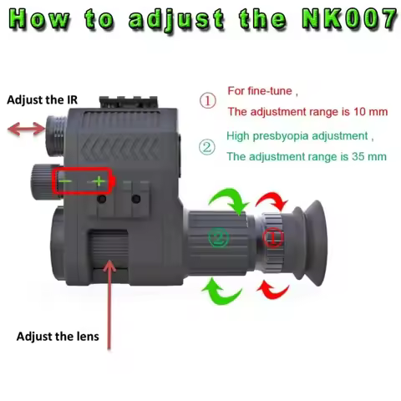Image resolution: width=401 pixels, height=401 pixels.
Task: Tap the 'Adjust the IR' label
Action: click(x=41, y=99)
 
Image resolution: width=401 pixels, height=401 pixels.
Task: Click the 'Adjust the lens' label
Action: click(x=58, y=337)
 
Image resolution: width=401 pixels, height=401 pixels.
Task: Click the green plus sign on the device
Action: click(x=99, y=181)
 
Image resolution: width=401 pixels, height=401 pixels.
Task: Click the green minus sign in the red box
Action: click(x=66, y=181)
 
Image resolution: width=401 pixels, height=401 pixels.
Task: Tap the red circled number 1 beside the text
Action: click(x=206, y=100)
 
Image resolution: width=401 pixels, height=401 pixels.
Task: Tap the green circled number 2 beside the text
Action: click(x=206, y=148)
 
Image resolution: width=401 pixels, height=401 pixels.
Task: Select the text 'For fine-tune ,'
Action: click(x=262, y=90)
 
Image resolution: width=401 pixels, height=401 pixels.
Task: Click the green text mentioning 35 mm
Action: click(x=307, y=156)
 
